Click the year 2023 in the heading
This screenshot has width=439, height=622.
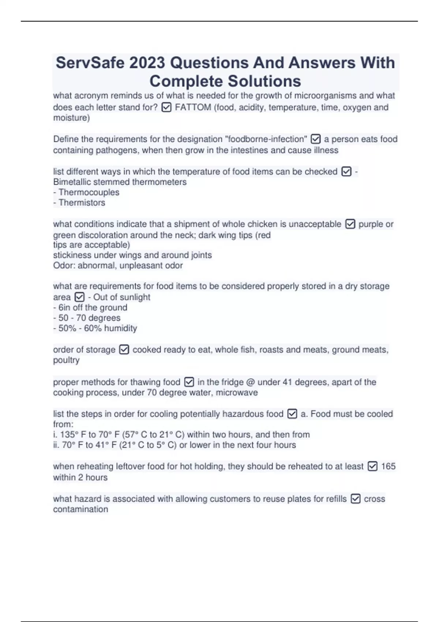[147, 63]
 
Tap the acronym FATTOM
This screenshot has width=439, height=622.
[193, 107]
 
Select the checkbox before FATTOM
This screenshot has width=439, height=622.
[166, 107]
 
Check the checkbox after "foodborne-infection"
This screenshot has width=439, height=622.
[315, 139]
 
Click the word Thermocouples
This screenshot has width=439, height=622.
[89, 192]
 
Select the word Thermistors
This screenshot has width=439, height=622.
[82, 202]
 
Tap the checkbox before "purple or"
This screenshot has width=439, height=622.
[350, 224]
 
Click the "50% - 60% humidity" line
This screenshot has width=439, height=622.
[95, 328]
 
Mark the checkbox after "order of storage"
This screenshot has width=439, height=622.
[124, 349]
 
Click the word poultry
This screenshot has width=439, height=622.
[66, 360]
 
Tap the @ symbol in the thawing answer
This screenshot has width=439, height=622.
[250, 382]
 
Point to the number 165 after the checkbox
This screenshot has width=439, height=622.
[388, 466]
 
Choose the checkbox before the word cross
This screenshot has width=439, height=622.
[355, 499]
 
